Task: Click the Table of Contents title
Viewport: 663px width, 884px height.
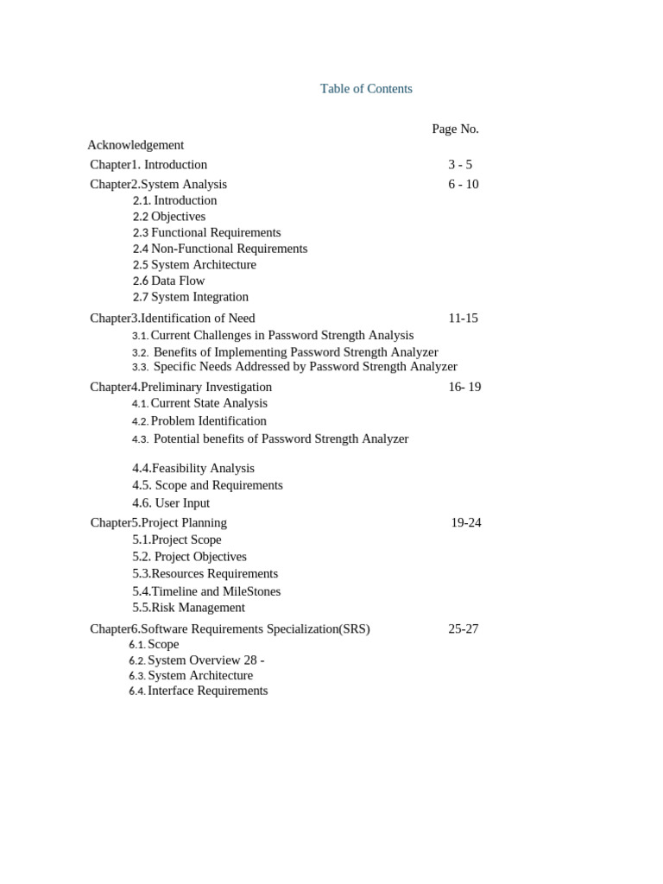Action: [x=366, y=89]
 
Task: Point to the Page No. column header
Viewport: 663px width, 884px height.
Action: [x=455, y=129]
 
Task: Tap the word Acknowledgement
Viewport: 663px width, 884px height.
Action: [x=136, y=145]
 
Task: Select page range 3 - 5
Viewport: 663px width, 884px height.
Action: [x=460, y=165]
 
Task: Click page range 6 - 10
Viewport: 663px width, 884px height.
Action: [x=463, y=184]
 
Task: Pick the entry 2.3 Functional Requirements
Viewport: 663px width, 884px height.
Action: [x=206, y=232]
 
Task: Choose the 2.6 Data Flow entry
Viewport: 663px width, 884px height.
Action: [x=168, y=281]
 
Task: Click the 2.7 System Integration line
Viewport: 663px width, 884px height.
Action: [x=190, y=297]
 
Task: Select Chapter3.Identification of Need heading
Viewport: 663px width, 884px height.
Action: [x=173, y=318]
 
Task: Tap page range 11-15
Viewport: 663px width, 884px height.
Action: [x=463, y=318]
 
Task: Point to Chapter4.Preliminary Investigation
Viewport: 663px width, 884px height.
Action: [x=180, y=387]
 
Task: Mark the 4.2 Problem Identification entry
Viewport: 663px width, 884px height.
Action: [x=199, y=421]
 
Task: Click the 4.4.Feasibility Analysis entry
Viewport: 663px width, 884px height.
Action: [x=193, y=468]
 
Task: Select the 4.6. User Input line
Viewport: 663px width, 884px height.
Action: [x=171, y=503]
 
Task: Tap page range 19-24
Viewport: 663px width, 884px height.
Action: [x=466, y=522]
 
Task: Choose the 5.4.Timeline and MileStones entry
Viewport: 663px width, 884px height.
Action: [x=206, y=591]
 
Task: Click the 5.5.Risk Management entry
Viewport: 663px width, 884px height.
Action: [x=188, y=608]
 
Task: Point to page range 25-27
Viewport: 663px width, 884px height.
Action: [x=463, y=628]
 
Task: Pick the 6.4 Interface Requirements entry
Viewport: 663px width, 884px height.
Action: [x=199, y=691]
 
